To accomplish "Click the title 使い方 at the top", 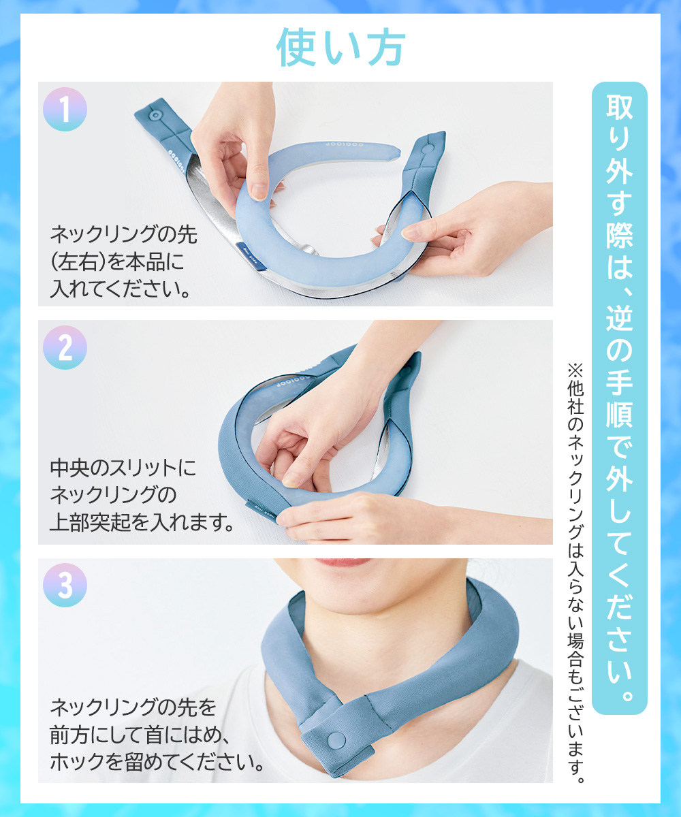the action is (340, 47).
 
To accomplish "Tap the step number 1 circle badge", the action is (65, 109).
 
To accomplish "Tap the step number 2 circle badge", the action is (65, 347).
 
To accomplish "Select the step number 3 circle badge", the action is (65, 586).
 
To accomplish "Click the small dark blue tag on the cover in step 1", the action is (251, 257).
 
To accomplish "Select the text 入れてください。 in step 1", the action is (120, 289).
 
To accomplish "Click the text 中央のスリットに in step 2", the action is (123, 468).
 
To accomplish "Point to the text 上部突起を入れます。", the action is (142, 522).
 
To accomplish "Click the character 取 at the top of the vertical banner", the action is (620, 107).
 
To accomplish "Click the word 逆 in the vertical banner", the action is (620, 317).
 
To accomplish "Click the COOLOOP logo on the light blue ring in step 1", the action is (345, 144).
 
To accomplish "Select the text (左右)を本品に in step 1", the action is (117, 261).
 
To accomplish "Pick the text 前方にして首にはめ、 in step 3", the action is (140, 735).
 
